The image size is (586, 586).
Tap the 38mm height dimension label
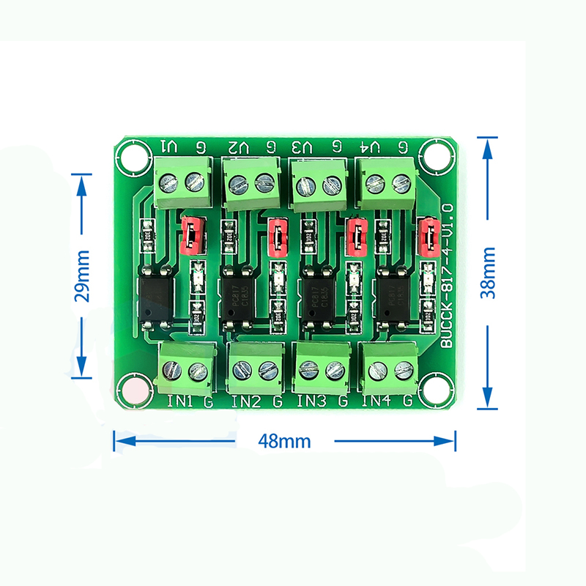coord(489,272)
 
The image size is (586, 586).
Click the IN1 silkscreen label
coord(179,401)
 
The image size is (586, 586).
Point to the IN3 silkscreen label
coord(311,401)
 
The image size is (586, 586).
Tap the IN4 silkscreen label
coord(377,401)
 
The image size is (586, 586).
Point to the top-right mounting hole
coord(438,156)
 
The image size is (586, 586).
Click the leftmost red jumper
coord(191,234)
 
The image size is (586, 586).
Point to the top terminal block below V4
coord(385,183)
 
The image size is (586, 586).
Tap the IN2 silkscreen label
coord(245,401)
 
